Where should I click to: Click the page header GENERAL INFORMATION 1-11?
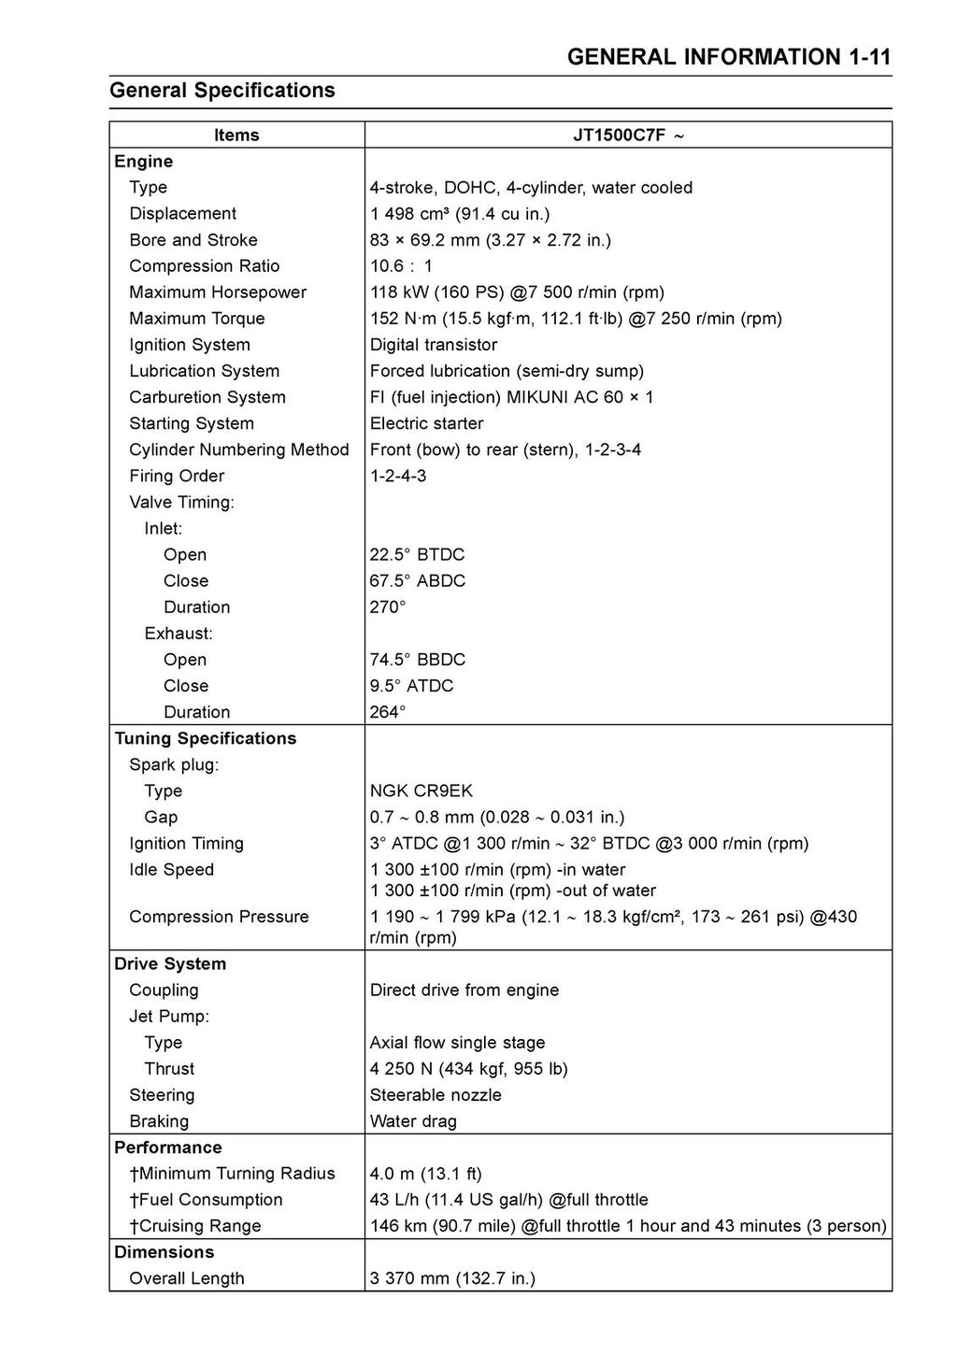click(728, 57)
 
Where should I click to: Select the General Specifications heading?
click(222, 91)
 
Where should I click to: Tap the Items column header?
click(236, 135)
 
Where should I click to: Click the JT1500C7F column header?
click(628, 135)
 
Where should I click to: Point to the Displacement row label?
click(182, 214)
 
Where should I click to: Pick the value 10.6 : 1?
click(401, 266)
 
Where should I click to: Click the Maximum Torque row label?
click(196, 319)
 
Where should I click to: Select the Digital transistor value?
click(434, 345)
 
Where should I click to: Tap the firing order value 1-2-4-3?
click(397, 476)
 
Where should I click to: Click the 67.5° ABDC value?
click(417, 580)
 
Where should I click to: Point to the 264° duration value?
click(388, 712)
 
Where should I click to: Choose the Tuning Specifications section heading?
click(205, 738)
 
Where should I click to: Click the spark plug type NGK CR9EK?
click(421, 791)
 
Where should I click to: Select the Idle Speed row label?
click(171, 869)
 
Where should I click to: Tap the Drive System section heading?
click(170, 963)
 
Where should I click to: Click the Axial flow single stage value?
click(457, 1042)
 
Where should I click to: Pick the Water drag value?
click(413, 1120)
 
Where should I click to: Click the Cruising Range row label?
click(195, 1225)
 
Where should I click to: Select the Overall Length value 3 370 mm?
click(452, 1277)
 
